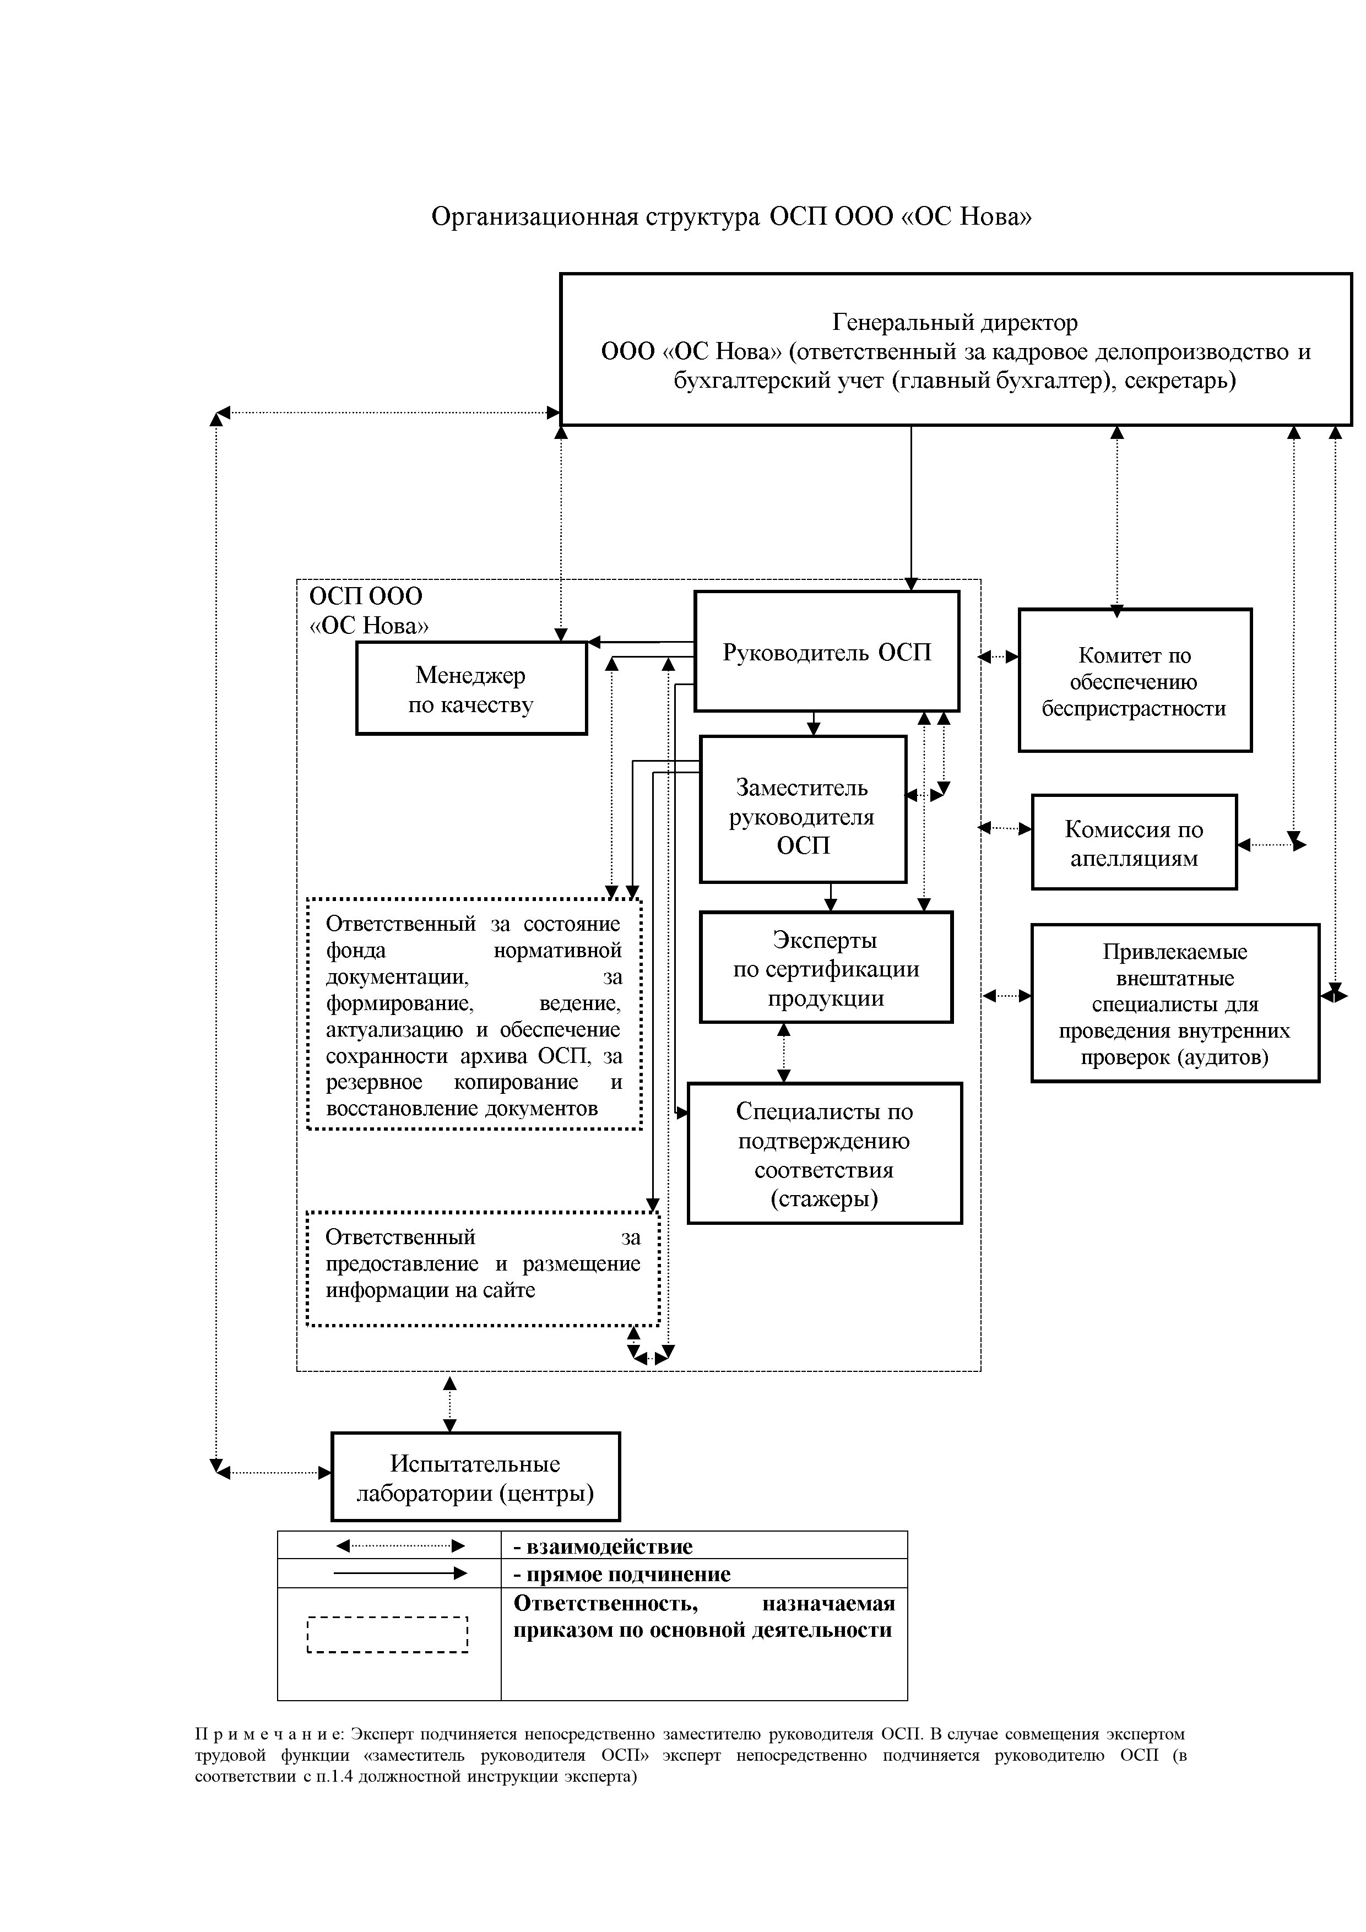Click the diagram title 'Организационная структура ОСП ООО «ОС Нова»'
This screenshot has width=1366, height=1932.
click(x=731, y=217)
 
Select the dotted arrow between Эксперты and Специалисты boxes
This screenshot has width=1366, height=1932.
click(x=784, y=1052)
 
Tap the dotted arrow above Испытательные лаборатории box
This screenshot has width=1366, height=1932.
click(x=449, y=1404)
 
